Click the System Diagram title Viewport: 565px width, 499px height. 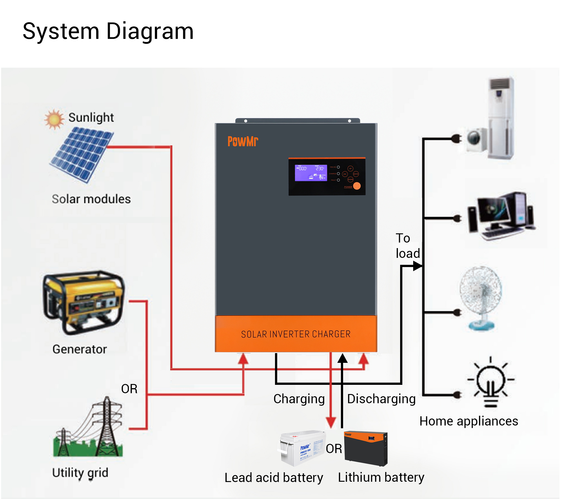point(108,31)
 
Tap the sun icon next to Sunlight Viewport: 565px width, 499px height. point(54,119)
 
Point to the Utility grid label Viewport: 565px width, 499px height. point(80,473)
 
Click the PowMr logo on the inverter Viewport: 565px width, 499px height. point(242,141)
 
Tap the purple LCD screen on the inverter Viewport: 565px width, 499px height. point(311,173)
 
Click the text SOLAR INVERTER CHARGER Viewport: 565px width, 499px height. point(296,334)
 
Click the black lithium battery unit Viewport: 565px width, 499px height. point(365,449)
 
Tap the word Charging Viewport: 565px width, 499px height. point(299,399)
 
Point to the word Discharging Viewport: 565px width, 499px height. point(381,399)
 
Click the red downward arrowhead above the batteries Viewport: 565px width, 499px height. point(331,422)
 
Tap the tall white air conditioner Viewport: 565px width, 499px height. point(501,118)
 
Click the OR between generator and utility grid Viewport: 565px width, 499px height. point(129,389)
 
